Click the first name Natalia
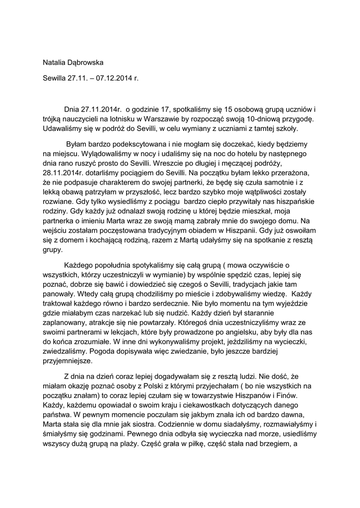click(55, 62)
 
